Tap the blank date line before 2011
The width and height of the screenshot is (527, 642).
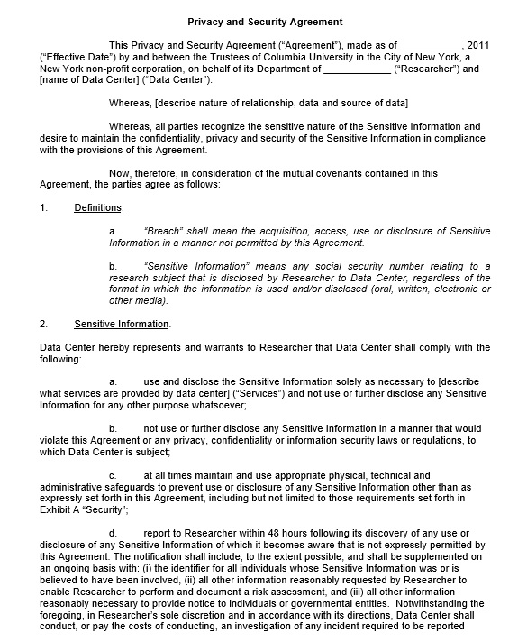pyautogui.click(x=431, y=45)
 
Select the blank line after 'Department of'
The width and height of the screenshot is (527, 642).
pyautogui.click(x=357, y=69)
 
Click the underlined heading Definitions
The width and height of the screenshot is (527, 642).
pyautogui.click(x=98, y=208)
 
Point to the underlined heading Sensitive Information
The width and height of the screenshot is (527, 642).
pyautogui.click(x=121, y=324)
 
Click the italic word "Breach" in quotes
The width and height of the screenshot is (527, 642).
pyautogui.click(x=163, y=232)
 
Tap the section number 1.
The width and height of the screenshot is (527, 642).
pyautogui.click(x=43, y=208)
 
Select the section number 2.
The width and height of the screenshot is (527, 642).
pyautogui.click(x=43, y=324)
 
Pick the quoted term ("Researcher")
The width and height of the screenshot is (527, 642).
pyautogui.click(x=427, y=69)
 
